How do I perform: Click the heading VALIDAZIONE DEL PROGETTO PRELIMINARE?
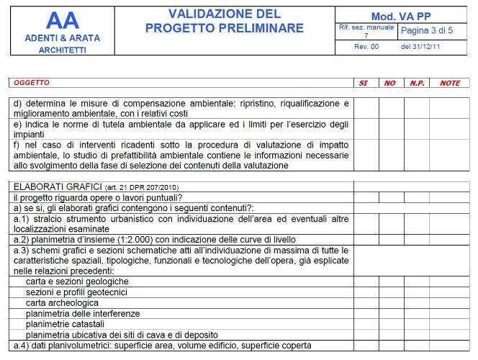tap(224, 22)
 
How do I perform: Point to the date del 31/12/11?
tap(422, 45)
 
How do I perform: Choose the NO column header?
tap(389, 83)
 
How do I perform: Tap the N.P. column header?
tap(417, 83)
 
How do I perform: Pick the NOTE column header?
tap(450, 83)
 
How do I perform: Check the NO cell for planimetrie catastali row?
tap(390, 324)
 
